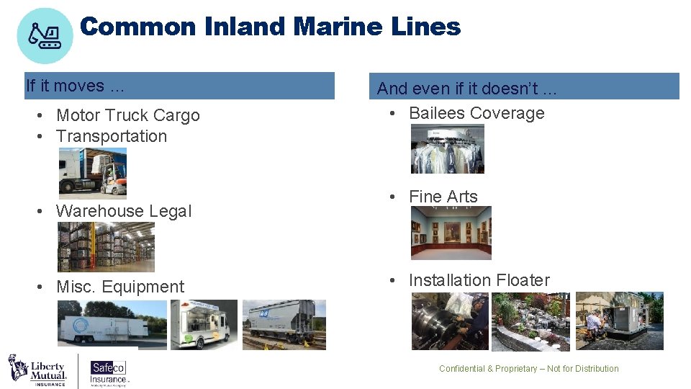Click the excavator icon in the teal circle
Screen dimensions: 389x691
click(45, 35)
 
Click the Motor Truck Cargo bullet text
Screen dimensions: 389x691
click(127, 115)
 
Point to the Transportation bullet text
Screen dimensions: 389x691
click(111, 136)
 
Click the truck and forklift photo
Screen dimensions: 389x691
click(92, 173)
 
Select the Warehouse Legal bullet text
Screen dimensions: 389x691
click(123, 211)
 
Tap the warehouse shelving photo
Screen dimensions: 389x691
click(105, 246)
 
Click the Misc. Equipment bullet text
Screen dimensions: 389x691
click(119, 287)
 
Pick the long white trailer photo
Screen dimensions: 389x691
click(112, 325)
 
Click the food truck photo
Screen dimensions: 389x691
click(204, 325)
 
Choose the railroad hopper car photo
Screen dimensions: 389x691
click(284, 325)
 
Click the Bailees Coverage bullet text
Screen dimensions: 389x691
click(476, 113)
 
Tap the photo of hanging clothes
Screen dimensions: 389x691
click(447, 149)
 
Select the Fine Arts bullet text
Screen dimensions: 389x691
click(443, 197)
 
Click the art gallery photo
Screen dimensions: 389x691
click(451, 233)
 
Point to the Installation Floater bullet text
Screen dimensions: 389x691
click(479, 280)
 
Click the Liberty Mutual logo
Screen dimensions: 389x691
click(37, 370)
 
